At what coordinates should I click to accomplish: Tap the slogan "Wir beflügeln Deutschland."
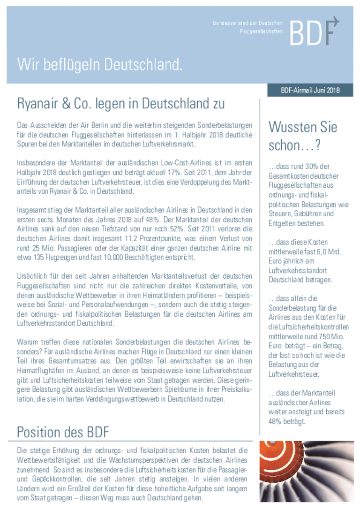tap(99, 64)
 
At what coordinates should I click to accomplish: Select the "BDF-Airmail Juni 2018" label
tap(310, 90)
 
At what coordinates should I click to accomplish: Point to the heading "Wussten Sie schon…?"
tap(302, 136)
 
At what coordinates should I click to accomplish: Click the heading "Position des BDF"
tap(64, 432)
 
